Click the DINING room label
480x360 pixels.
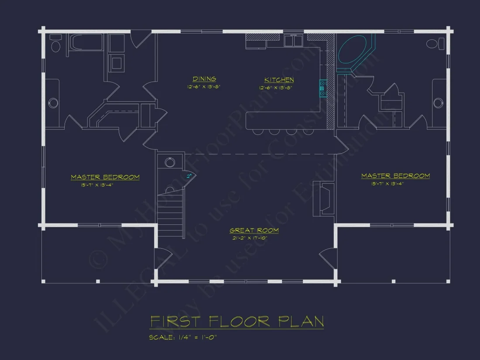(x=204, y=79)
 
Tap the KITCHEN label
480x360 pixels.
(x=279, y=80)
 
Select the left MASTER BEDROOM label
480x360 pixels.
(x=105, y=177)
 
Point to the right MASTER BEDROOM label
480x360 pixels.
(x=395, y=176)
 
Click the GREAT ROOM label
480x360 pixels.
(x=254, y=230)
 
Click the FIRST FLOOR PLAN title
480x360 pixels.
(x=237, y=322)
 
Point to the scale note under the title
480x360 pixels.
(x=183, y=337)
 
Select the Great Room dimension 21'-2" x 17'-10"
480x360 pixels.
(x=254, y=238)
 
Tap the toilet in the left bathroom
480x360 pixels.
(x=55, y=45)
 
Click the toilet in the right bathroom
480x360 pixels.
(x=432, y=44)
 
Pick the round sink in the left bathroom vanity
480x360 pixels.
(x=53, y=103)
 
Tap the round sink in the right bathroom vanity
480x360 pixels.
(x=438, y=103)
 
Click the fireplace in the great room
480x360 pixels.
(x=327, y=199)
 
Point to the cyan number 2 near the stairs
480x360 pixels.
(x=189, y=176)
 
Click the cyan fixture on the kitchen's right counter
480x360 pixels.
(x=323, y=88)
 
